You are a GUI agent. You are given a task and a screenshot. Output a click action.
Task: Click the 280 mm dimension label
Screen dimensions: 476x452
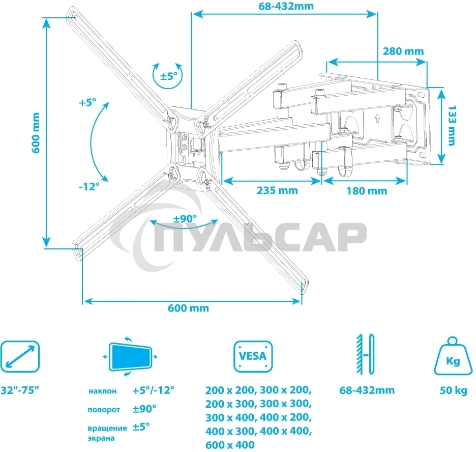[x=403, y=51]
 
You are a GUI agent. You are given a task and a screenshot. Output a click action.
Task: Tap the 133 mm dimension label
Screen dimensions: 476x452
[x=452, y=125]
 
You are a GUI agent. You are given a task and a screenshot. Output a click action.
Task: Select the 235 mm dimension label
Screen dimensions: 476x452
[x=277, y=190]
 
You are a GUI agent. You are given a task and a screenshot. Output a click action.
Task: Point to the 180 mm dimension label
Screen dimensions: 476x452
[x=367, y=191]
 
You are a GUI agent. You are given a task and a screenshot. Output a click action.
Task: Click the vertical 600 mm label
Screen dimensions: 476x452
[x=36, y=133]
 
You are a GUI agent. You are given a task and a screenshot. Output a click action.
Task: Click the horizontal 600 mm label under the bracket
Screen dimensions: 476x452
[x=189, y=308]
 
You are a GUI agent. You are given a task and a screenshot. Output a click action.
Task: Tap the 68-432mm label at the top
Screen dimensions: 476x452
[x=286, y=6]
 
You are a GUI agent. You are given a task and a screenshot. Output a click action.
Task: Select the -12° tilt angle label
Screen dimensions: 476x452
[x=89, y=186]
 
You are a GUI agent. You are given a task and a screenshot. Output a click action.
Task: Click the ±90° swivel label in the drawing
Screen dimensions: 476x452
[x=185, y=218]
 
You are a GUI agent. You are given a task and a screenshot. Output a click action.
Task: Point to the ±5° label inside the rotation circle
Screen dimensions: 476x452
[x=169, y=76]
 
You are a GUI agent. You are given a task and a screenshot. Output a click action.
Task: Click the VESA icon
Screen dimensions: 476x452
[x=253, y=356]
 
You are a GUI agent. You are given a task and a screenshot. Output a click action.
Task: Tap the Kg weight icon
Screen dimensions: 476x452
[x=453, y=357]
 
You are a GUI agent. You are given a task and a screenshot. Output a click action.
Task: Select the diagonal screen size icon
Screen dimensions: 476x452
[x=20, y=356]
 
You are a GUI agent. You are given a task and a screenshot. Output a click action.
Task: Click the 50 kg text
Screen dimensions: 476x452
[x=453, y=390]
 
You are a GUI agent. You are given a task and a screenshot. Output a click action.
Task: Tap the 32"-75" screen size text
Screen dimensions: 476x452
[x=20, y=390]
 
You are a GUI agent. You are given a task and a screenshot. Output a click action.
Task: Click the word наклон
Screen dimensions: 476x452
[x=102, y=391]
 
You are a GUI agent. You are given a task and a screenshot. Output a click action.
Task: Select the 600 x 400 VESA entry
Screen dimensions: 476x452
[x=230, y=445]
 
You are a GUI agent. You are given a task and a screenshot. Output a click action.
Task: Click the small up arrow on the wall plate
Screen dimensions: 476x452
[x=377, y=118]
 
